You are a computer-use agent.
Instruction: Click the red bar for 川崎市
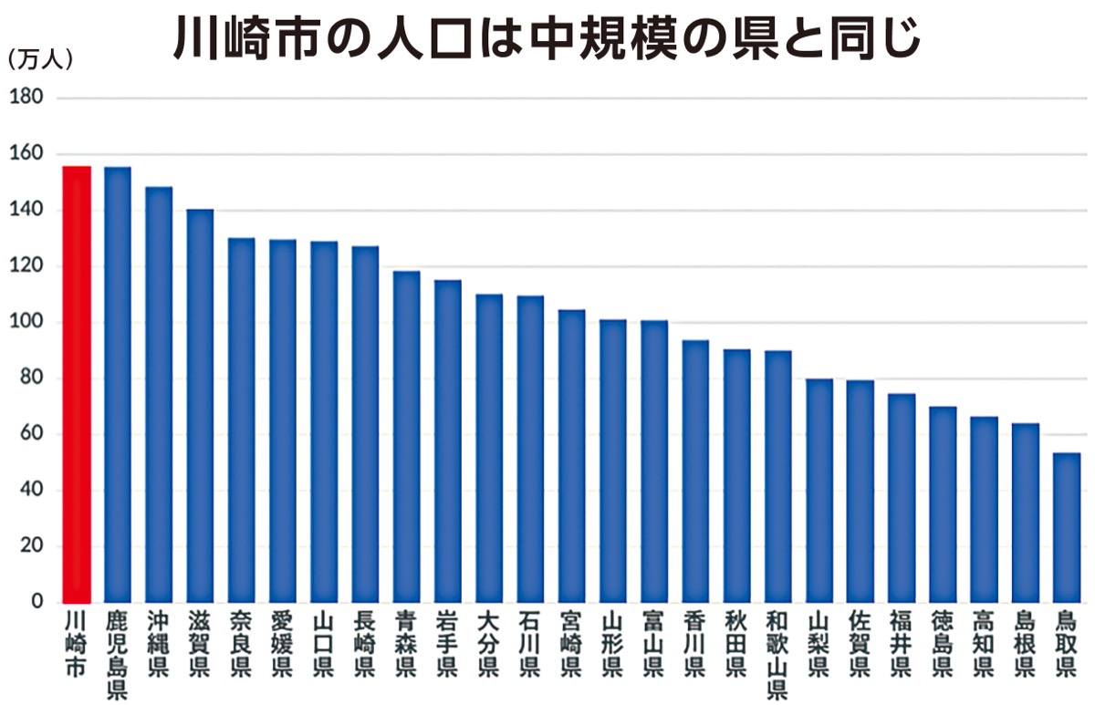point(77,384)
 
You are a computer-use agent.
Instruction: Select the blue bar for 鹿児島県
point(118,384)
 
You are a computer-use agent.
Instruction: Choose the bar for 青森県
point(406,437)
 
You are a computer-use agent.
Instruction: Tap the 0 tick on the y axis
point(37,602)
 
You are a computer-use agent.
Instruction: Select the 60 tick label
point(30,434)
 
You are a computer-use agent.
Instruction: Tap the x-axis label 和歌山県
point(778,655)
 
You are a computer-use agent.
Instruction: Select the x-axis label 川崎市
point(77,644)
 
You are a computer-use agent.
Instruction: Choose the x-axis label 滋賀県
point(200,644)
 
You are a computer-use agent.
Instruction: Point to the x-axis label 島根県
point(1025,644)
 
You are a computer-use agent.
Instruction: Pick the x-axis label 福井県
point(902,644)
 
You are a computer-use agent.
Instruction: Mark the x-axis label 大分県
point(489,644)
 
